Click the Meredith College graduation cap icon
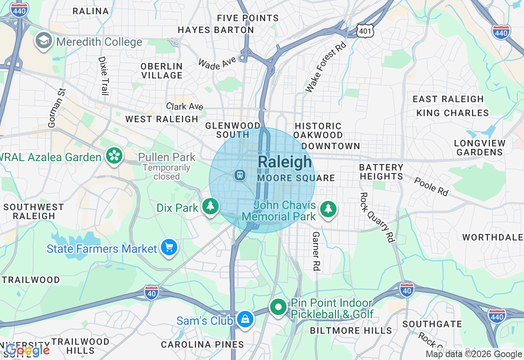(x=43, y=40)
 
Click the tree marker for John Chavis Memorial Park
(x=328, y=209)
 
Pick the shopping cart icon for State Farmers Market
(x=169, y=248)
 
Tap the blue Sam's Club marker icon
(x=245, y=319)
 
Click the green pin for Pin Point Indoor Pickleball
(x=278, y=307)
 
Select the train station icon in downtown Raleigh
(x=239, y=175)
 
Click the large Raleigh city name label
(x=285, y=162)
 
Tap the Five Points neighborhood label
(x=248, y=18)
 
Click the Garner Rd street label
(x=316, y=251)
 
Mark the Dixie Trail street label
(x=102, y=76)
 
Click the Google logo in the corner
(x=27, y=350)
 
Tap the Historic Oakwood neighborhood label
(x=318, y=130)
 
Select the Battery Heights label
(x=381, y=172)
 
